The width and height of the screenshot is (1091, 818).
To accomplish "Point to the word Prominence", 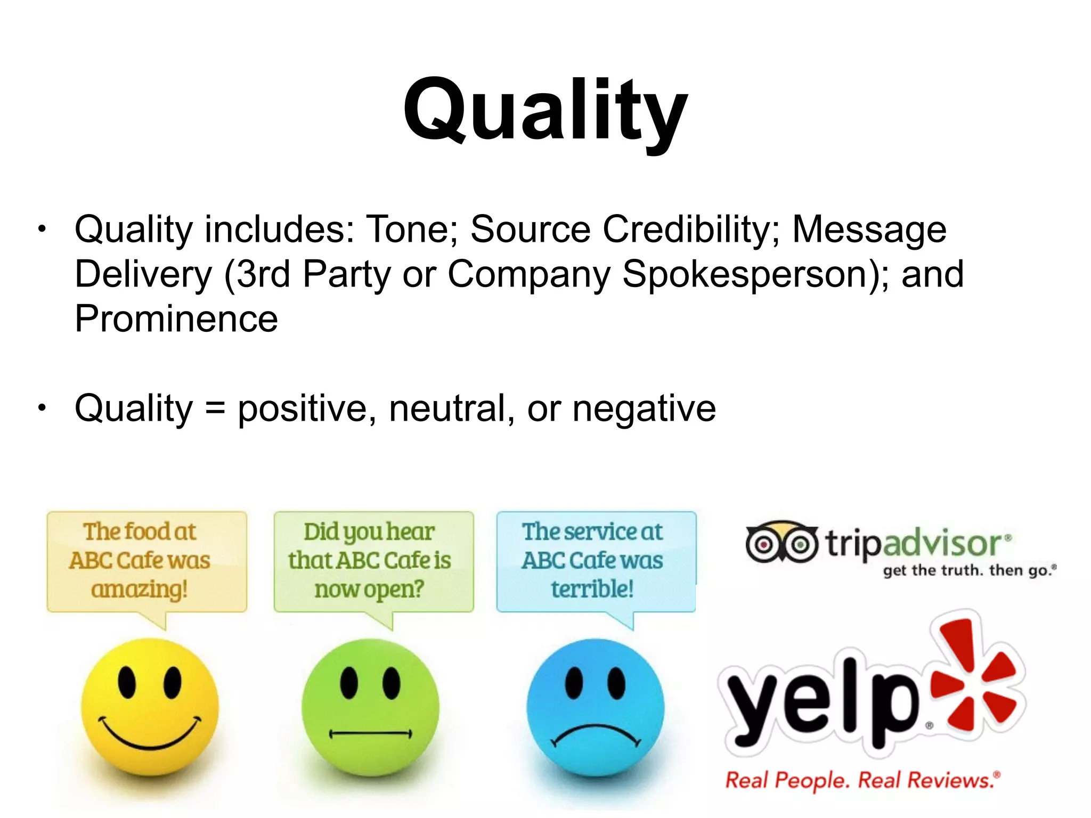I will click(176, 319).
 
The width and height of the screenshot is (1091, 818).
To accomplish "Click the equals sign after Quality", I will click(215, 409).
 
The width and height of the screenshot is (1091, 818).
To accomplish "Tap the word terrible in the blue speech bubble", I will click(592, 589).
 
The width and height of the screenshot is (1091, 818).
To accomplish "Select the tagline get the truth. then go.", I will click(969, 570).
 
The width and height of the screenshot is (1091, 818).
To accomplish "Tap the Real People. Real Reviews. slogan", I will click(862, 780).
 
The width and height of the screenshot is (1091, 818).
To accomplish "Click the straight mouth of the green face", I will click(370, 734).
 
